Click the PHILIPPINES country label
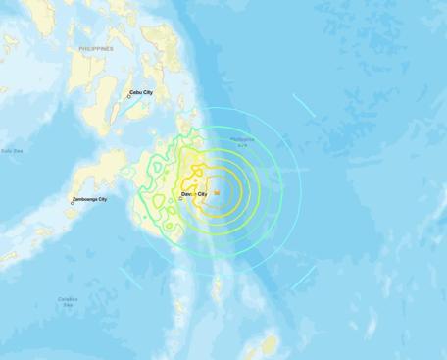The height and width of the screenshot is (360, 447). pyautogui.click(x=96, y=48)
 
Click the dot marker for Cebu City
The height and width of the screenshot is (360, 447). pyautogui.click(x=128, y=96)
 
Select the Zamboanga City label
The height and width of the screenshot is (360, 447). pyautogui.click(x=90, y=199)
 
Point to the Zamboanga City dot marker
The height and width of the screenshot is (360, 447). pyautogui.click(x=72, y=203)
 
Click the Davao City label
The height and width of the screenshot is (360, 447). pyautogui.click(x=193, y=194)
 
